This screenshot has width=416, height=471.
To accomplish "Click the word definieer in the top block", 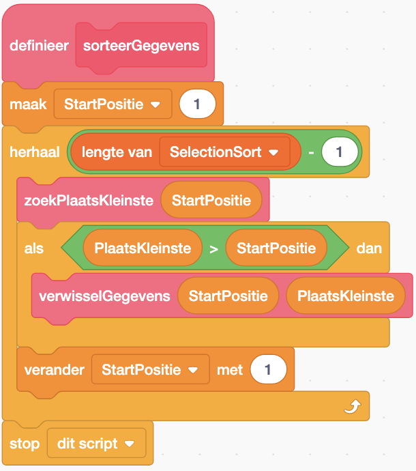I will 38,46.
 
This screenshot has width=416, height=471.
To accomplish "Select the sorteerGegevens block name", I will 141,46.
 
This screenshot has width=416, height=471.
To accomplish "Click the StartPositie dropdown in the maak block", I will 112,104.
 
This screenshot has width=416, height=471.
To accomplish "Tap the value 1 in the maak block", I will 197,104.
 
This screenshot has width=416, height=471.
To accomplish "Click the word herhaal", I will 35,152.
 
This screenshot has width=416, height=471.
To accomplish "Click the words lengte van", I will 117,152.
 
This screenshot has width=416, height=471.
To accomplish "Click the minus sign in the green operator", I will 311,152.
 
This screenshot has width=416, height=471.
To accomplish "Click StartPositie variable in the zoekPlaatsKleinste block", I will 211,200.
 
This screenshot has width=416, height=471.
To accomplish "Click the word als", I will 34,248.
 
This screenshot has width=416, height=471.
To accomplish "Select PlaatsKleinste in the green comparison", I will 143,248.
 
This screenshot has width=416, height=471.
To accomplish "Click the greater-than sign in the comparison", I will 213,249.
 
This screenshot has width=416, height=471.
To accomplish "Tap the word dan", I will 368,248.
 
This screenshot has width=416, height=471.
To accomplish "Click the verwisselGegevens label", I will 104,296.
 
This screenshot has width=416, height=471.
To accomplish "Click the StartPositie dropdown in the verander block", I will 150,370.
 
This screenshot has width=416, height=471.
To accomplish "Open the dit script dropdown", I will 96,444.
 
